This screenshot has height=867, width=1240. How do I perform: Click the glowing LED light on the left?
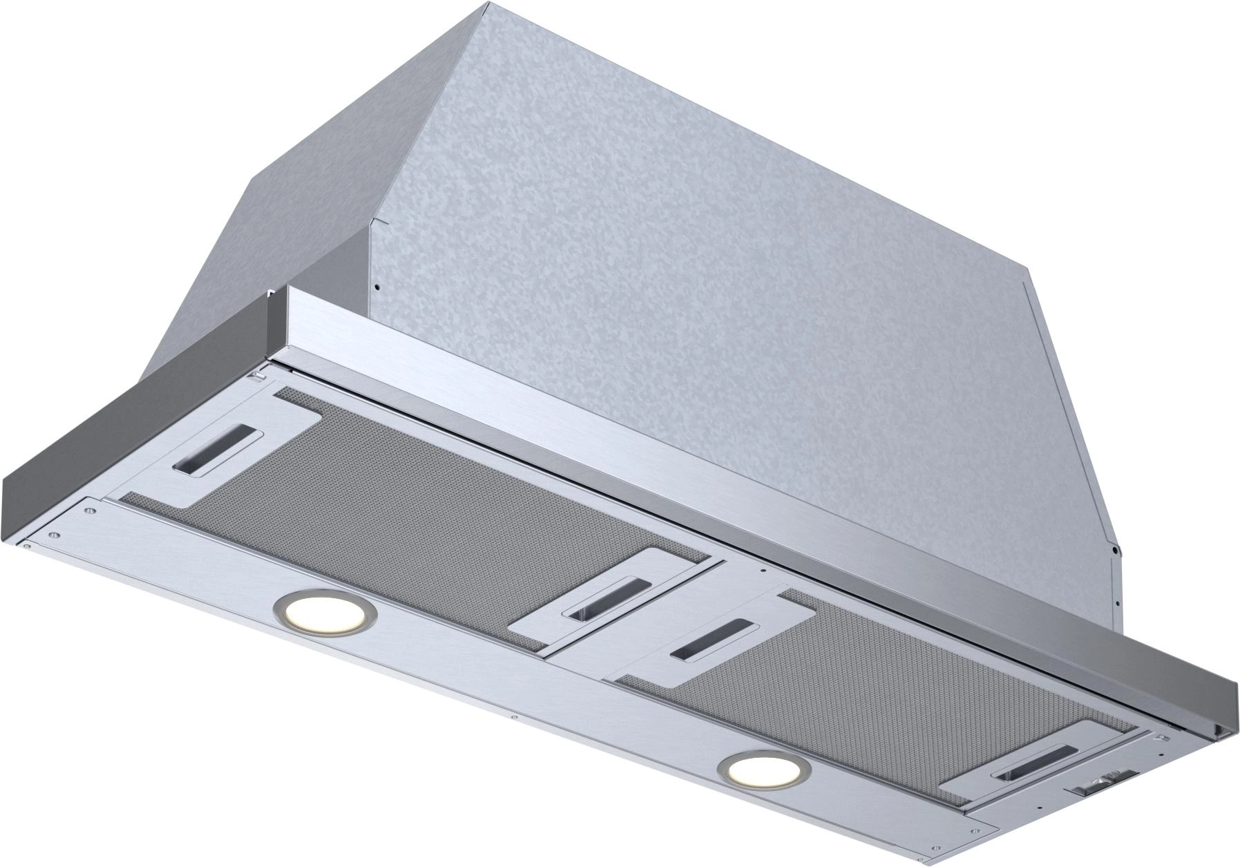tap(324, 611)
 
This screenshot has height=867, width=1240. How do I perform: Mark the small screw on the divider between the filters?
tap(762, 571)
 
